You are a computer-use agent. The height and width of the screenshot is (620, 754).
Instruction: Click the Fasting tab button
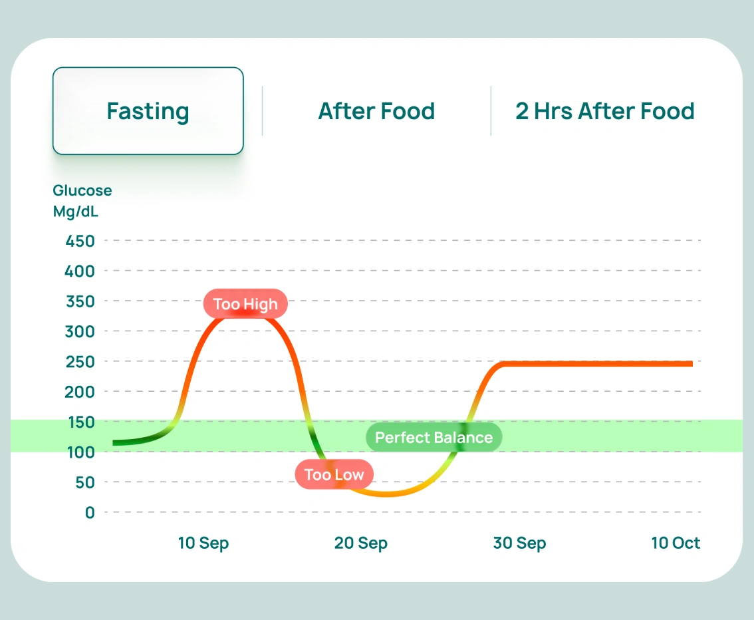(148, 111)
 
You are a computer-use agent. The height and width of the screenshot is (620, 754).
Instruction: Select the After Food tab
(376, 111)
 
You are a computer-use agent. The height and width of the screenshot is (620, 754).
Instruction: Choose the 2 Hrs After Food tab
(604, 111)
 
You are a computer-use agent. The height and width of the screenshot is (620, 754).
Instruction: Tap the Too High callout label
(245, 305)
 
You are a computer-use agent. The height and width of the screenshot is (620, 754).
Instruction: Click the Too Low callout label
(334, 474)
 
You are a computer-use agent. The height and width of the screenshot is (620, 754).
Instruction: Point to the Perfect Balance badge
(434, 437)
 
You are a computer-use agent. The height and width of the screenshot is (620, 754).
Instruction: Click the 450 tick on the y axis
(80, 241)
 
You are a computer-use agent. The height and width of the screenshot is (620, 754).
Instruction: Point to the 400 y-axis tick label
(80, 271)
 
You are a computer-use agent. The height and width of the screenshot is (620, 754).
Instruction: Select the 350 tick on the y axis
(80, 301)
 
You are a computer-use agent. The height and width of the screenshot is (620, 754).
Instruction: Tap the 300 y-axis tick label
(80, 331)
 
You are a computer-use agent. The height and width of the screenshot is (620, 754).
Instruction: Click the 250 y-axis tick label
(80, 362)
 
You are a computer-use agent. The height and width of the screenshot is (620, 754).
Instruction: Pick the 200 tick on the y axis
(80, 392)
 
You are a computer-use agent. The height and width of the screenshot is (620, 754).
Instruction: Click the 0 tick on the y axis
(89, 513)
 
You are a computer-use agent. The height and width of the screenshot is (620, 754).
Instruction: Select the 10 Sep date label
(203, 543)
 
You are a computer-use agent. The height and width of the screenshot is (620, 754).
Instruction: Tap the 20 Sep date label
(360, 543)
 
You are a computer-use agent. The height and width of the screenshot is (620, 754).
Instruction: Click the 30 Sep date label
(519, 543)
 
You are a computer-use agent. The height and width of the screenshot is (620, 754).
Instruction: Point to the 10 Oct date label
(676, 543)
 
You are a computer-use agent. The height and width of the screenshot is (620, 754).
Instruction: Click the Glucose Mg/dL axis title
(82, 201)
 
